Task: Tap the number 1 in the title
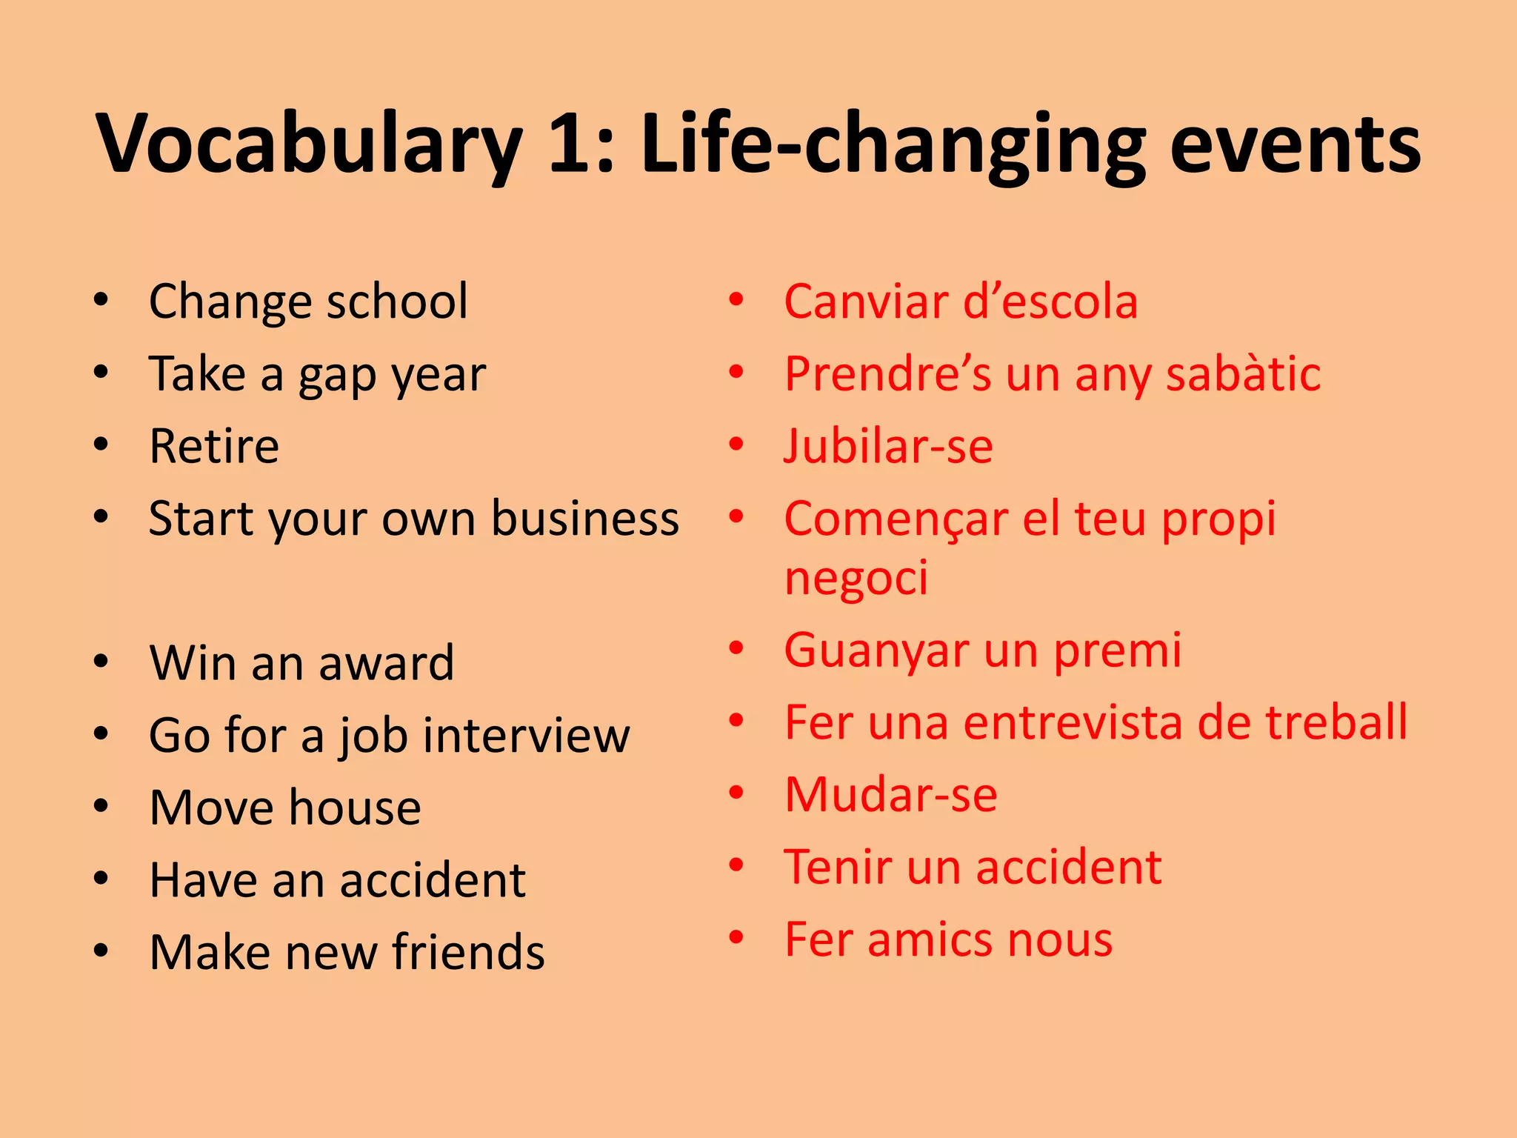click(573, 144)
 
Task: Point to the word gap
click(337, 376)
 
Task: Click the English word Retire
click(214, 446)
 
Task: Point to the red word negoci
click(856, 578)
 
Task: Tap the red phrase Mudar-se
click(891, 794)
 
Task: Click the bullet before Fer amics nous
click(736, 937)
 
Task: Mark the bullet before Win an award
click(101, 661)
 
